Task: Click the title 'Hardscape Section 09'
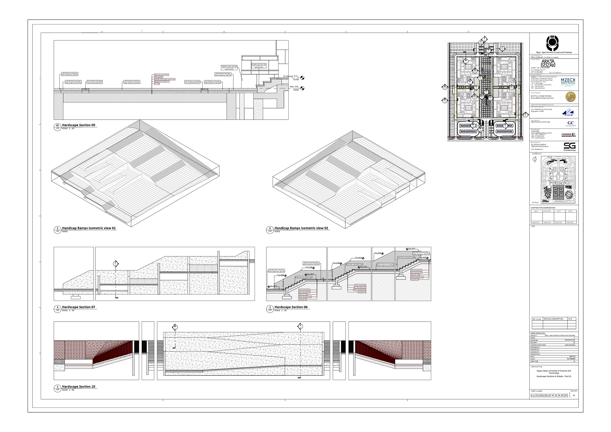[x=79, y=125]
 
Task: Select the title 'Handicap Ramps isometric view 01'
[x=89, y=228]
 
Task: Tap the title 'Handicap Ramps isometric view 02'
[x=301, y=228]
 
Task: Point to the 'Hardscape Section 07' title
[x=79, y=307]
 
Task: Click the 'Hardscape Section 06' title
[x=291, y=307]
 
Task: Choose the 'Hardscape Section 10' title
[x=79, y=387]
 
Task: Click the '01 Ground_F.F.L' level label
[x=291, y=76]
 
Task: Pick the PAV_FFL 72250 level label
[x=294, y=88]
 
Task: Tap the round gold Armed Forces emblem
[x=570, y=97]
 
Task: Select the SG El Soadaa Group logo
[x=569, y=146]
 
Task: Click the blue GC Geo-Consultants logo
[x=571, y=123]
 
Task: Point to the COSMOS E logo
[x=568, y=135]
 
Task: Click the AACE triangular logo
[x=567, y=112]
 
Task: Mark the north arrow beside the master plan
[x=534, y=160]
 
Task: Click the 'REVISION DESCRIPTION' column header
[x=553, y=319]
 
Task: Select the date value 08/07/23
[x=572, y=356]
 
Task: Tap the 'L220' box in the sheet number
[x=565, y=395]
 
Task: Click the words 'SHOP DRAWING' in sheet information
[x=570, y=345]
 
